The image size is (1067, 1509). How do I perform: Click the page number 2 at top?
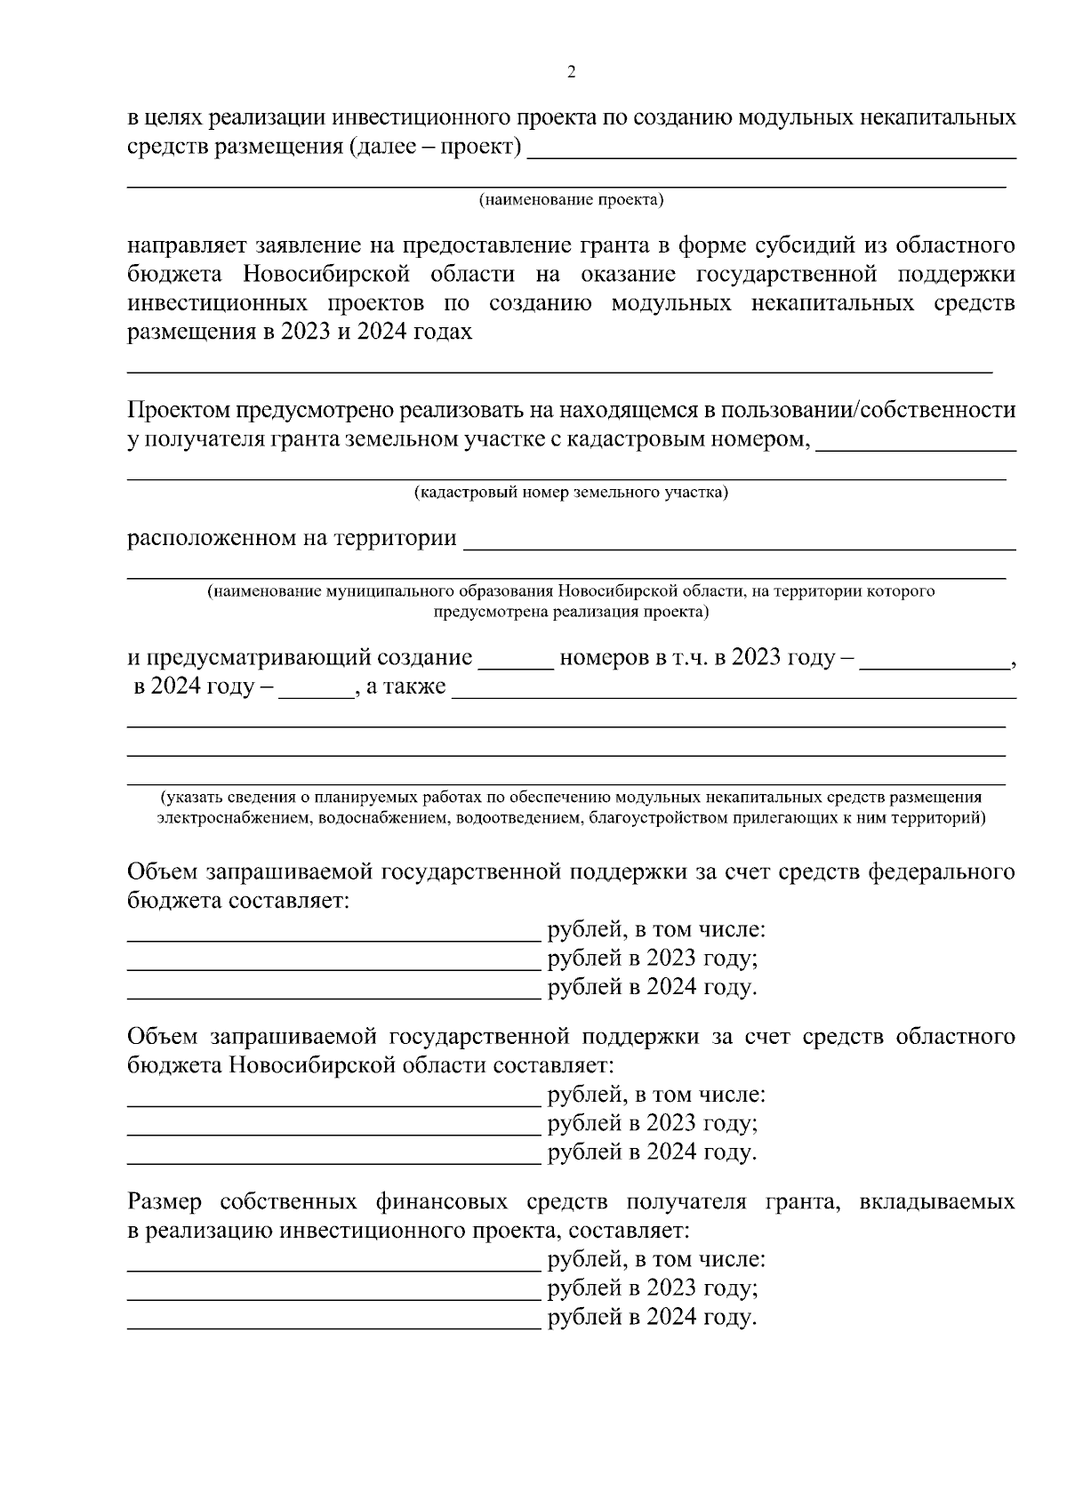click(571, 72)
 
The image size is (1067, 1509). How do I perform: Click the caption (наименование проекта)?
click(571, 200)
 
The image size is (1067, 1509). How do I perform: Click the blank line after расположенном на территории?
click(738, 540)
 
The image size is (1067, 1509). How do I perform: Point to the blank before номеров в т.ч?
click(516, 660)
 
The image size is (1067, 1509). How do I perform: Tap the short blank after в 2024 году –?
click(316, 688)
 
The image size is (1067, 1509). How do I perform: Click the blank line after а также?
click(734, 689)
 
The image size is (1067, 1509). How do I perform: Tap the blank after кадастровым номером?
click(916, 440)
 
